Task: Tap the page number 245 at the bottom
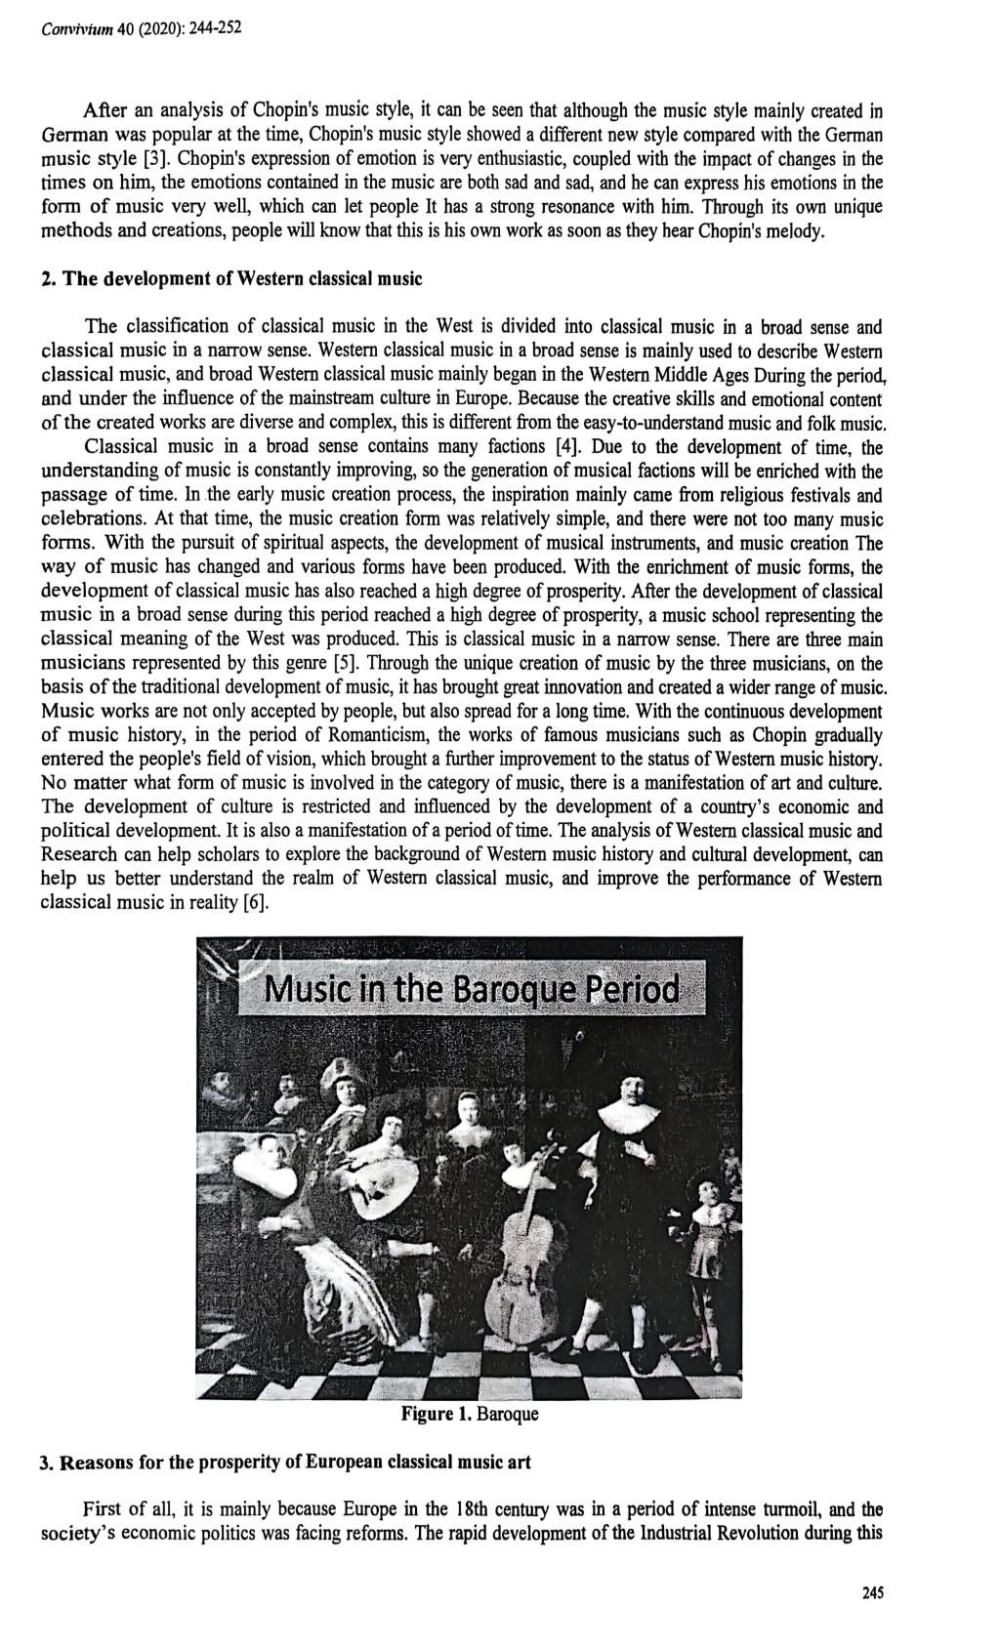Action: click(872, 1592)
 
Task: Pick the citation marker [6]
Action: click(253, 901)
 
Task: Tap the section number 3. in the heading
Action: click(46, 1463)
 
